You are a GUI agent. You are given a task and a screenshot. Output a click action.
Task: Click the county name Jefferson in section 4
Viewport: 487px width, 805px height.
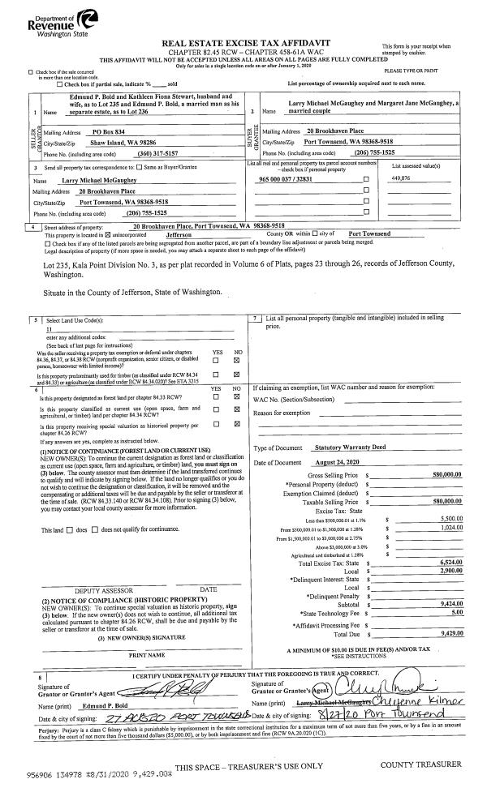click(195, 233)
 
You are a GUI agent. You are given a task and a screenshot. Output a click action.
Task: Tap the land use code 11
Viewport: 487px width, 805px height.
click(50, 329)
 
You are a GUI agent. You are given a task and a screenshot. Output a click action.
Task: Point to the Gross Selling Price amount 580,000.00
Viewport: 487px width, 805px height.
click(447, 473)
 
